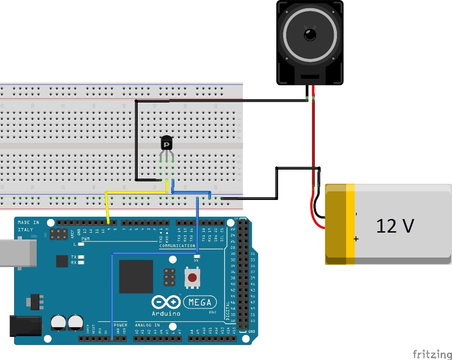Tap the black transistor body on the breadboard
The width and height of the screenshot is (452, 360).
coord(167,144)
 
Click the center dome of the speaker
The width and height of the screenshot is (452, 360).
coord(310,34)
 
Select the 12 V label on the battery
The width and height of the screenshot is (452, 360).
coord(394,226)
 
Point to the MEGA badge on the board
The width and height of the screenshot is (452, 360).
coord(200,302)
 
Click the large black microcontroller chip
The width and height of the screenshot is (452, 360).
coord(136,277)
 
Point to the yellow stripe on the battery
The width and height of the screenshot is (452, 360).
coord(351,224)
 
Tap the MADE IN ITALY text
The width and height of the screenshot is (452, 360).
coord(28,226)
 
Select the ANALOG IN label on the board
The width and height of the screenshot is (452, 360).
coord(147,325)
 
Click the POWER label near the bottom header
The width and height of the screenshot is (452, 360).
coord(120,325)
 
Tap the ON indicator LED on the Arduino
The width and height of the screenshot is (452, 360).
coord(197,256)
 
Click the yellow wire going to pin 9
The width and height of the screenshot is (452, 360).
coord(107,206)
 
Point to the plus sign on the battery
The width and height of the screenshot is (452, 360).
coord(356,238)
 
